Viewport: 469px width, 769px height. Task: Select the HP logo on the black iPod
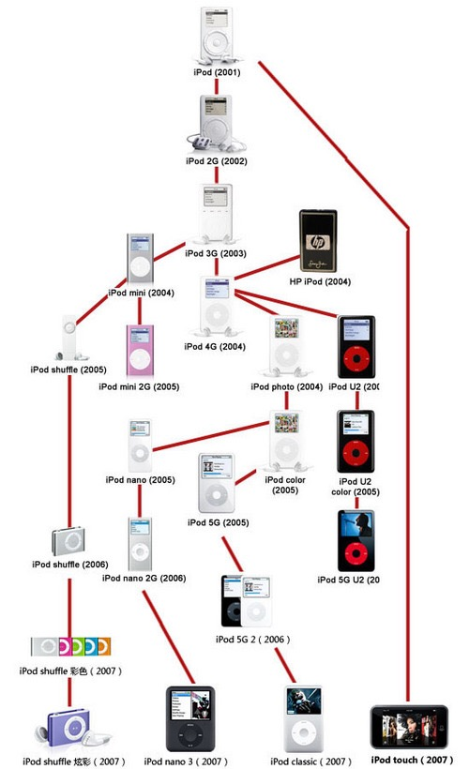click(x=318, y=240)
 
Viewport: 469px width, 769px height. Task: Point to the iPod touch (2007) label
click(x=410, y=759)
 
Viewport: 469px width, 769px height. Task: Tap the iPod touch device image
click(x=410, y=726)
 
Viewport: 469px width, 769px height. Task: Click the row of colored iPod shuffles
click(x=71, y=646)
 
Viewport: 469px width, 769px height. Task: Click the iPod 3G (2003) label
click(x=216, y=253)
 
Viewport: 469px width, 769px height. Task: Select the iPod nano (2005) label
click(x=141, y=480)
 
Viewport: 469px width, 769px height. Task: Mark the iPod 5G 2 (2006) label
click(x=252, y=639)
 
